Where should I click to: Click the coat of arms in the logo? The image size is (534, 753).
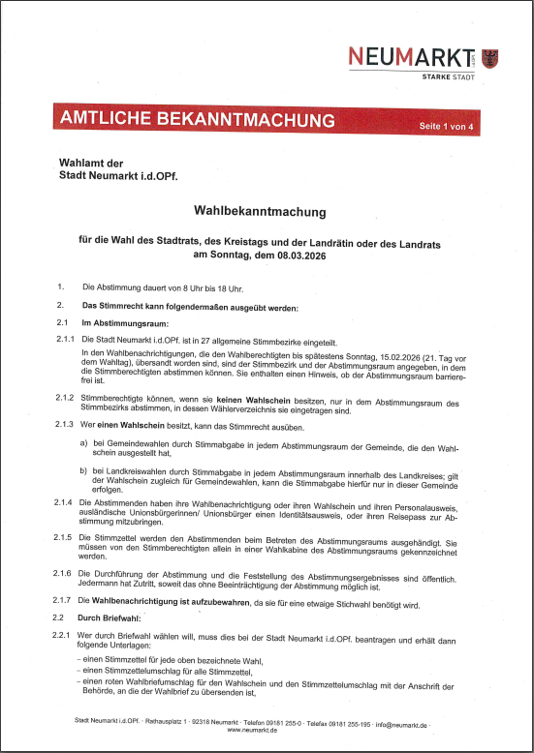[488, 57]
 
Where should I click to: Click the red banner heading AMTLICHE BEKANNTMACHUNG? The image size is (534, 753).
[183, 120]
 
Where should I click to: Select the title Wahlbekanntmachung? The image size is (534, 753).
[260, 210]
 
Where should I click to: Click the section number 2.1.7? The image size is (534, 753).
[66, 601]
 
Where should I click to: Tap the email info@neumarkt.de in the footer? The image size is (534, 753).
[430, 722]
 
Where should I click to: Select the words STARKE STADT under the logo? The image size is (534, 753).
[449, 76]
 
